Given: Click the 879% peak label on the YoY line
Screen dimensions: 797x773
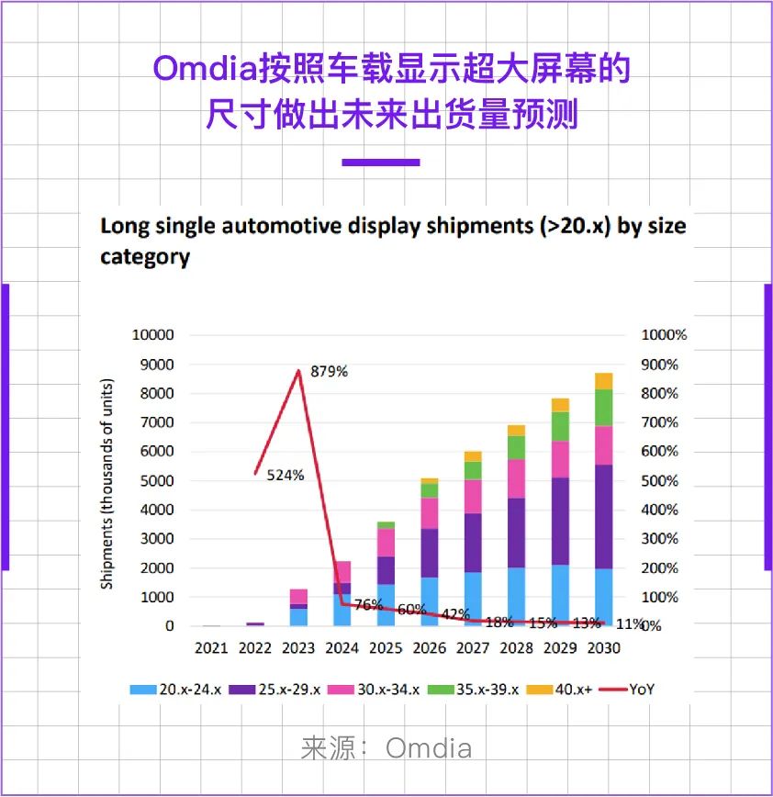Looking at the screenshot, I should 329,372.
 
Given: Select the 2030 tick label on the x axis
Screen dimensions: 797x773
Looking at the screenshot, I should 603,648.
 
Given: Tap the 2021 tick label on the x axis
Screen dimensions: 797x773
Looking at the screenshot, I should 211,648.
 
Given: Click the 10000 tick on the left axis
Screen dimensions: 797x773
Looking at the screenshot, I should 153,335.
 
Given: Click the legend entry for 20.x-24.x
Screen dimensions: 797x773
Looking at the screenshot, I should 180,689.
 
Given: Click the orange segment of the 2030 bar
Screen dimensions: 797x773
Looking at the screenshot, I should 603,381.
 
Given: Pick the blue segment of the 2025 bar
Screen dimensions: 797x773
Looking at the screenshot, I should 386,605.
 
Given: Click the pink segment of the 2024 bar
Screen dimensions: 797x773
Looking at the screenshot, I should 342,572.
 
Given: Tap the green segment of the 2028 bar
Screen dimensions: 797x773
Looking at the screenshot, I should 516,447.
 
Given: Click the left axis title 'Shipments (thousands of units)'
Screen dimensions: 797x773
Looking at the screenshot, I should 107,482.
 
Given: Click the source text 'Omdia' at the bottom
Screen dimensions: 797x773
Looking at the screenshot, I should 429,748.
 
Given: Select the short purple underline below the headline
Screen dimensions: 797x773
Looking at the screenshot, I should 381,163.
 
